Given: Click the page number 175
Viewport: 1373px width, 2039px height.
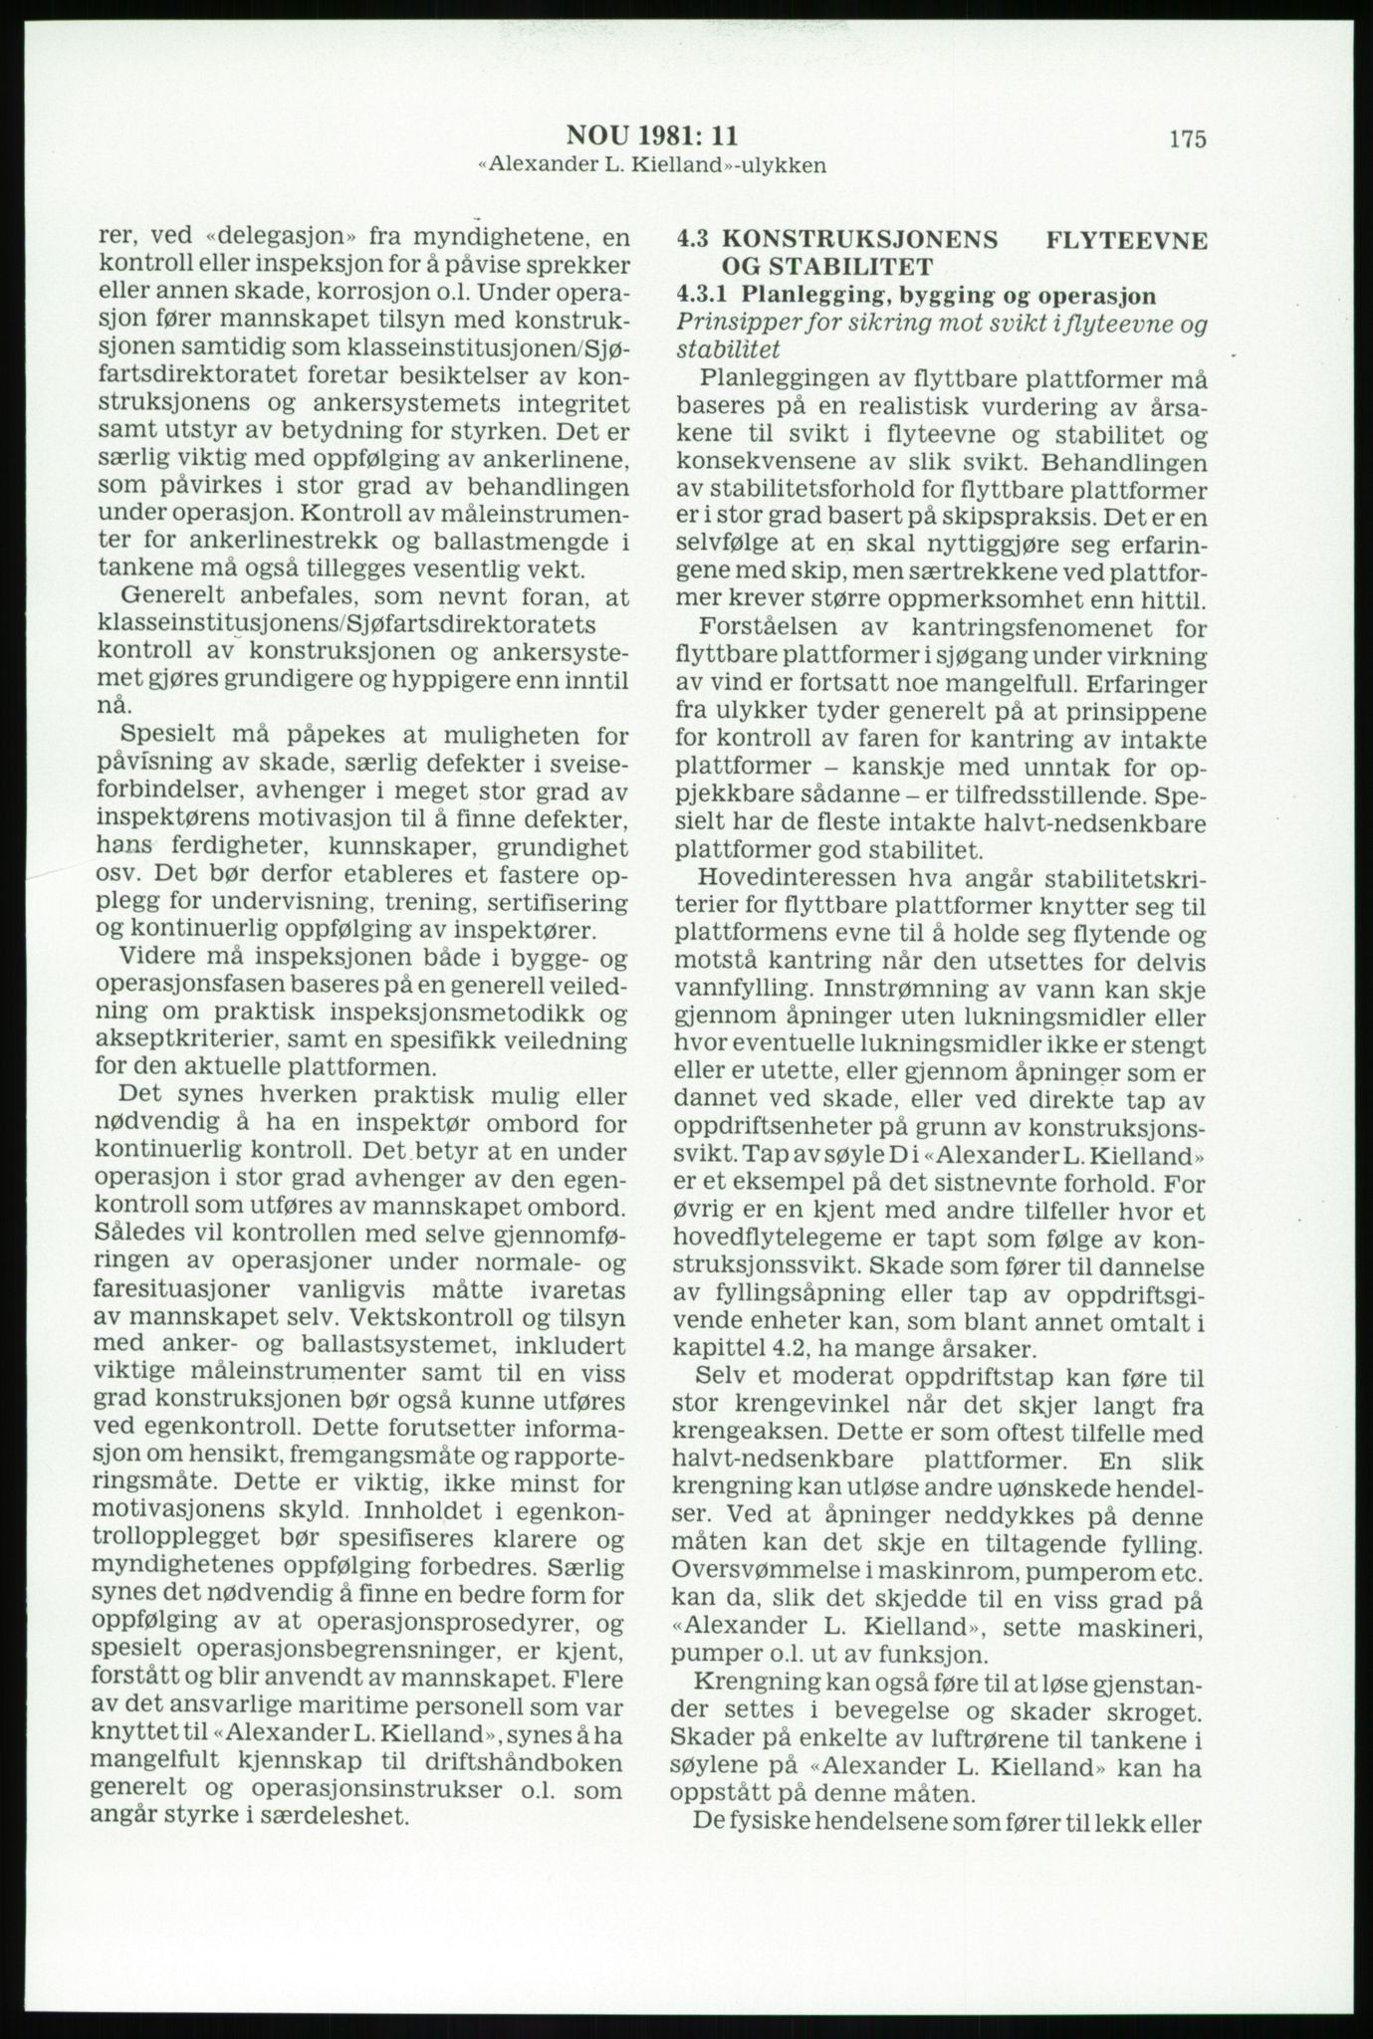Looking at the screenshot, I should [1187, 138].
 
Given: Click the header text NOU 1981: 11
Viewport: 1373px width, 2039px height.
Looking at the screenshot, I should [652, 135].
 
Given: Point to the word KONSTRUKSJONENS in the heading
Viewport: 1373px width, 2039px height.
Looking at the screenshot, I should [859, 241].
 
